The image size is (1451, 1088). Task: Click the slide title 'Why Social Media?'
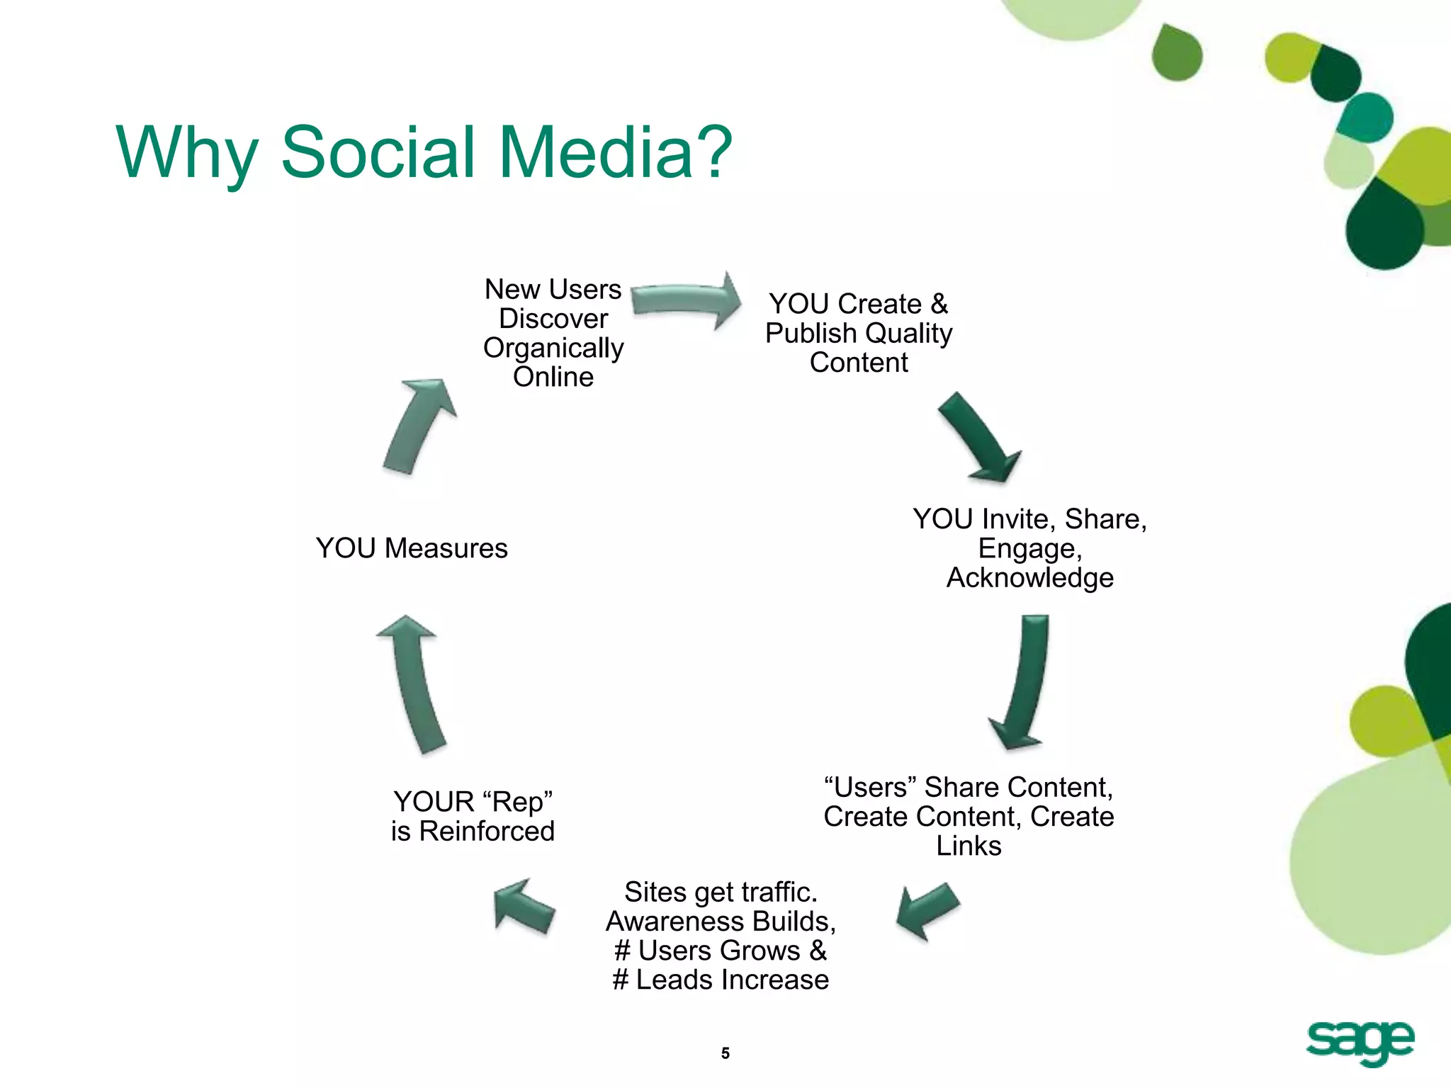point(424,152)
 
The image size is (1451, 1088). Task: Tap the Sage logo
point(1360,1042)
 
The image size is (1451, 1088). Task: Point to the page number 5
point(725,1053)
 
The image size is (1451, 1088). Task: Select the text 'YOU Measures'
point(412,548)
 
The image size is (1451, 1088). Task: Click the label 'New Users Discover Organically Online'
point(553,333)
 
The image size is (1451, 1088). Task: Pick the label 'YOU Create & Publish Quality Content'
point(859,333)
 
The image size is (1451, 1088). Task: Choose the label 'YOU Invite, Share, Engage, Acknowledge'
point(1029,548)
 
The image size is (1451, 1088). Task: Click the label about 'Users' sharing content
point(969,816)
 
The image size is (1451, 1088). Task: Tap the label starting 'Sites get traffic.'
point(721,935)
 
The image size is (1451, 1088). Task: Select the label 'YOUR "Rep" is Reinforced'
point(473,816)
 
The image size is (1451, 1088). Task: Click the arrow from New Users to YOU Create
point(684,300)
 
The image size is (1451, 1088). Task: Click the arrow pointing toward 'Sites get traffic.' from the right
point(926,910)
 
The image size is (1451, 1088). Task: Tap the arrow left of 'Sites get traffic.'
point(523,906)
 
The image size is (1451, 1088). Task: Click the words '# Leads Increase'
point(721,980)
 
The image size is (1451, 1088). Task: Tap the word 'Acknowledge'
point(1029,578)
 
